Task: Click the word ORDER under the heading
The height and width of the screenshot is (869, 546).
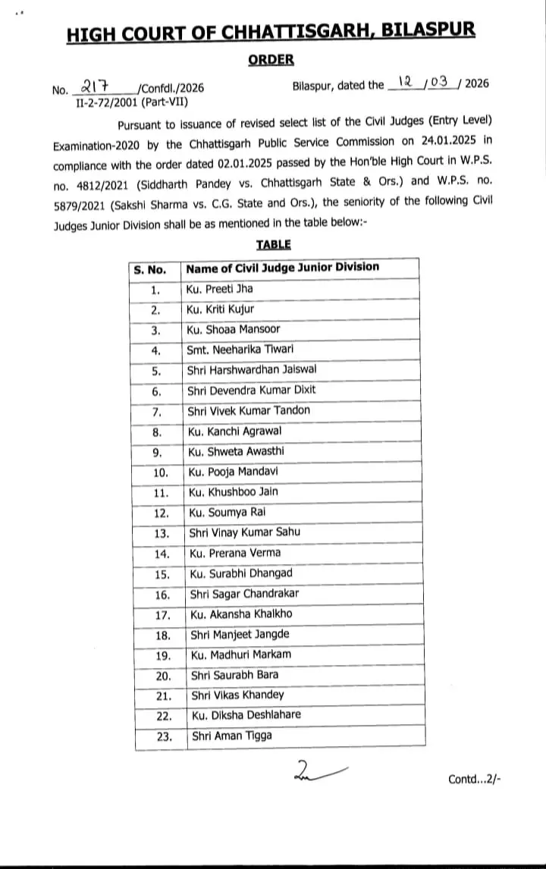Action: [x=272, y=59]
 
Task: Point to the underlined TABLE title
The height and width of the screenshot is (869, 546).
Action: [x=273, y=244]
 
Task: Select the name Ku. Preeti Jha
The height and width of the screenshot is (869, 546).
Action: [x=220, y=289]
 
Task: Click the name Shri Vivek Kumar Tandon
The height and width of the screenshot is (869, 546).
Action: [x=249, y=410]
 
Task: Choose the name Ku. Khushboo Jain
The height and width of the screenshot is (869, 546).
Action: [x=234, y=491]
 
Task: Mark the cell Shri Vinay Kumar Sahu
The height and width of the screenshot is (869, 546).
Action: [x=244, y=532]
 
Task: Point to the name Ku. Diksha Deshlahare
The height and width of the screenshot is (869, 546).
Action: [x=246, y=715]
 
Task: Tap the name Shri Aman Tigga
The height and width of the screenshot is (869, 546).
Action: [x=231, y=736]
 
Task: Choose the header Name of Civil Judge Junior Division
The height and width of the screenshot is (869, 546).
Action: [x=282, y=268]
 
